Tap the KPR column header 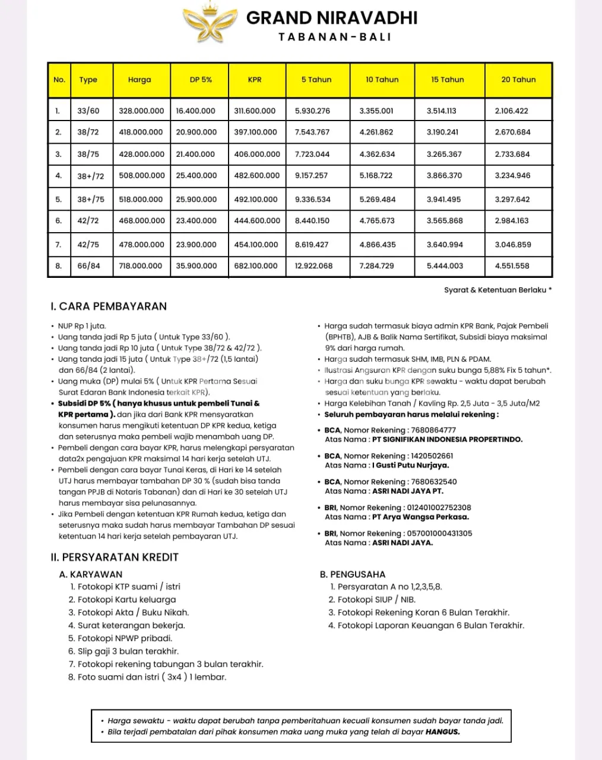255,80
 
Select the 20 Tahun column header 518,80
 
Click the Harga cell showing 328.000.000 141,111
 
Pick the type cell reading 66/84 88,266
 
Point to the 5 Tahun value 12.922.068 313,266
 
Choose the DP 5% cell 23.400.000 196,221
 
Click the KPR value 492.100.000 255,199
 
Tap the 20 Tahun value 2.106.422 511,111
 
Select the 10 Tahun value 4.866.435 377,245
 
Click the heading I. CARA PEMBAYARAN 109,306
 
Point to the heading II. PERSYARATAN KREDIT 115,557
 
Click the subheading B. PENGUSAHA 353,574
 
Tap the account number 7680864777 433,430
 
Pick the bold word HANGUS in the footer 442,732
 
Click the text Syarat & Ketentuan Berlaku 498,290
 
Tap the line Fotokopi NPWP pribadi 125,638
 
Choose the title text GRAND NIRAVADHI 332,18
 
